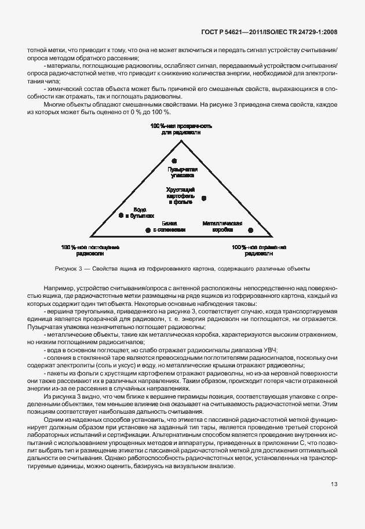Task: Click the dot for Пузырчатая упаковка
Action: coord(174,160)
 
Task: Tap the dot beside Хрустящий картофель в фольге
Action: coord(205,199)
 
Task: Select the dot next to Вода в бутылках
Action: coord(121,215)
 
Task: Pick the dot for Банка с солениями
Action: coord(147,230)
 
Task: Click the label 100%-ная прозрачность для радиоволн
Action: coord(182,129)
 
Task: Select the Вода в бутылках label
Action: coord(140,211)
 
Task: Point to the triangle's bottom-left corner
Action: coord(92,237)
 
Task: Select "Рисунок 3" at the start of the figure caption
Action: coord(69,269)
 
